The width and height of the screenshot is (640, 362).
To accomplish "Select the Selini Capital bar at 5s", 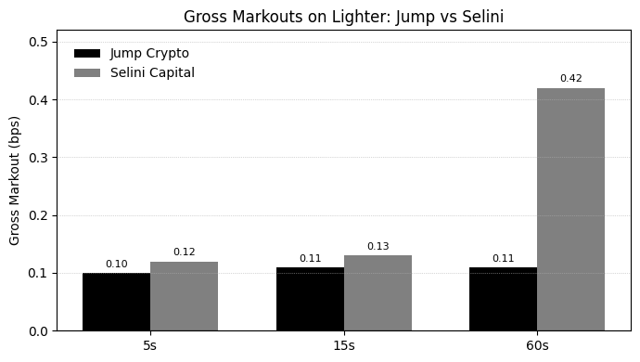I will point(184,296).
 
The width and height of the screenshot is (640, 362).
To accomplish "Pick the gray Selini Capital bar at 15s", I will point(378,293).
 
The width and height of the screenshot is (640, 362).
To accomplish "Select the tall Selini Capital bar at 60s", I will point(570,209).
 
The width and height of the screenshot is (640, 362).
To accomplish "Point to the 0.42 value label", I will point(570,78).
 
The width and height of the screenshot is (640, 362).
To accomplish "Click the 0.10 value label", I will point(116,265).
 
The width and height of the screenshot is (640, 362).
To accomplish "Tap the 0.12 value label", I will point(184,252).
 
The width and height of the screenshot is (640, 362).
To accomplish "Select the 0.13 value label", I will point(378,247).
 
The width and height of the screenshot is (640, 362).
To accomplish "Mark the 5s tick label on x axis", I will point(150,345).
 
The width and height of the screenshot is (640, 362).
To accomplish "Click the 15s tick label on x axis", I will point(344,345).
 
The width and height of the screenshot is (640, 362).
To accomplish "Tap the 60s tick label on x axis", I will point(537,345).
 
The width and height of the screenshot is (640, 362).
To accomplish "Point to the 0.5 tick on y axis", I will point(38,42).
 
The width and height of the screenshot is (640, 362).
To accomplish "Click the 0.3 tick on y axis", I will point(38,158).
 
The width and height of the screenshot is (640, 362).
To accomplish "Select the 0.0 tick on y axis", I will point(38,331).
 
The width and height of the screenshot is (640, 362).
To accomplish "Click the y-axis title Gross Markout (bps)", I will point(15,181).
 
